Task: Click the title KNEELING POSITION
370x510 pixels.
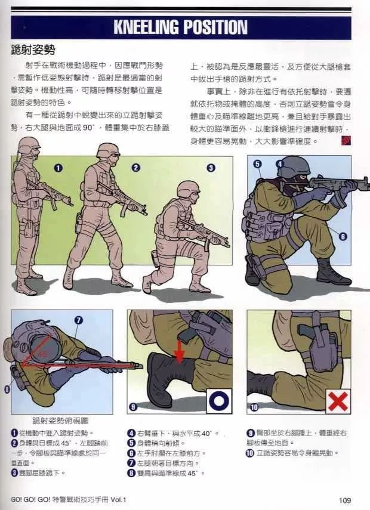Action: tap(180, 27)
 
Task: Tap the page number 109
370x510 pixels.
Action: tap(344, 500)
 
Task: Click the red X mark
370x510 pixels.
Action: tap(338, 401)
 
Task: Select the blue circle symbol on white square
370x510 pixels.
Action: tap(219, 401)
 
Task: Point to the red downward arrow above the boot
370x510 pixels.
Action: tap(179, 351)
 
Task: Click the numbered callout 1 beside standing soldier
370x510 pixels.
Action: tap(58, 168)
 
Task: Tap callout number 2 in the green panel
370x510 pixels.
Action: tap(135, 168)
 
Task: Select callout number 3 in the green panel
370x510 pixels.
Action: tap(211, 168)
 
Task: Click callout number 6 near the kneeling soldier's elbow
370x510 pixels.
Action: tap(343, 236)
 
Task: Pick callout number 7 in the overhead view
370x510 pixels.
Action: tap(78, 320)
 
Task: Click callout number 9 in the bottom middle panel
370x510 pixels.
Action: tap(133, 407)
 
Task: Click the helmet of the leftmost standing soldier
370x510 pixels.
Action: tap(28, 144)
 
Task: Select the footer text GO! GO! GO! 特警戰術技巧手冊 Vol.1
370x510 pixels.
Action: tap(70, 500)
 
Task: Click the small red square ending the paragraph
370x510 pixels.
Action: tap(345, 141)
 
